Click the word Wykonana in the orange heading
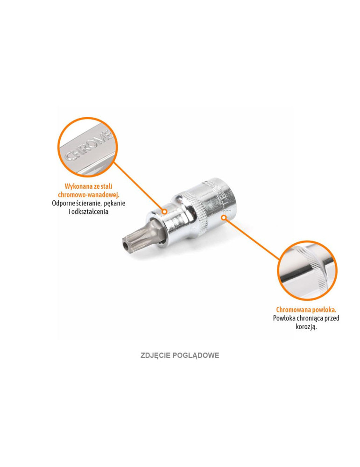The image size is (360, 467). point(77,185)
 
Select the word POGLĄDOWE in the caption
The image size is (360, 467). point(197,355)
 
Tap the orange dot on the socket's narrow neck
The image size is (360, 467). point(164,212)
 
